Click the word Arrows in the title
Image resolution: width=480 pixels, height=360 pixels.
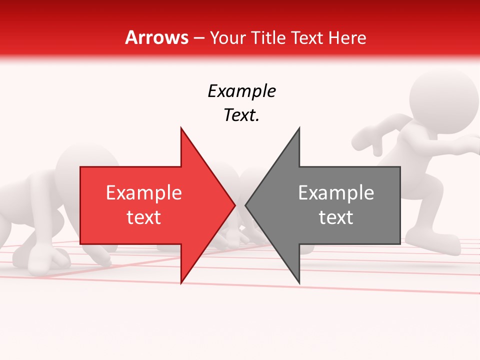[156, 37]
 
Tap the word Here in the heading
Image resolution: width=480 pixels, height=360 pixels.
[346, 37]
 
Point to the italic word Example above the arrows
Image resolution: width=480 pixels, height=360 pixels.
[241, 91]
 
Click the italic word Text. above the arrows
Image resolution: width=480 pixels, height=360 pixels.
[241, 115]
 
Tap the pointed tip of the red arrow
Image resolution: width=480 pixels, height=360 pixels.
[234, 204]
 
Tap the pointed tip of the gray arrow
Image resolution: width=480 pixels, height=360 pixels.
[246, 204]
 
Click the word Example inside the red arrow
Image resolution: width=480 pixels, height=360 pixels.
[144, 192]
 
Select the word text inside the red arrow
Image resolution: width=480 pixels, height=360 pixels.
[144, 217]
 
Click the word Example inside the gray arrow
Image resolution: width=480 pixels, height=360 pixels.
[336, 192]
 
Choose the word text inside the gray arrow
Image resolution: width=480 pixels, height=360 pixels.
[336, 217]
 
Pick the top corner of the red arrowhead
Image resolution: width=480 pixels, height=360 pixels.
[181, 128]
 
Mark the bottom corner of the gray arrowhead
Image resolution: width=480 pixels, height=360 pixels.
[299, 283]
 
